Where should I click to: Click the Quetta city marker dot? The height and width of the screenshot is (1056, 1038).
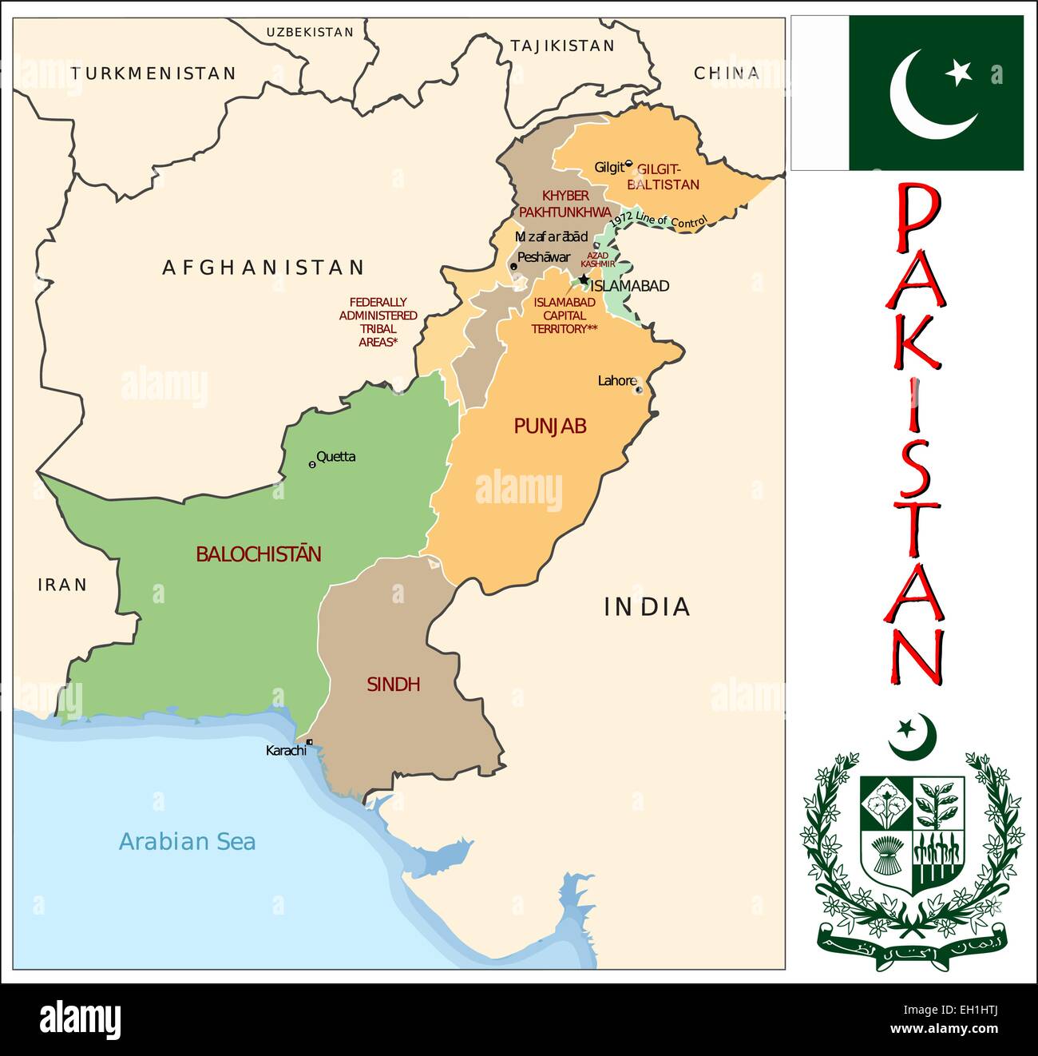click(311, 464)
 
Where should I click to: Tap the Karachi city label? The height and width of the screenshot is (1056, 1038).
click(285, 751)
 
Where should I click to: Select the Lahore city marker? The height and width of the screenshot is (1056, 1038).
click(638, 390)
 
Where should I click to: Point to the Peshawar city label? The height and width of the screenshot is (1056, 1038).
click(544, 257)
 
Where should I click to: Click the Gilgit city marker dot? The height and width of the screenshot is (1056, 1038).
click(628, 164)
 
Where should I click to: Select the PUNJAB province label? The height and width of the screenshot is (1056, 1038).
click(549, 427)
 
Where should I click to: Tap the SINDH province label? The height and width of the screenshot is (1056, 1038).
click(393, 685)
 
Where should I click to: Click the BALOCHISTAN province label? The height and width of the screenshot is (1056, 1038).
click(259, 554)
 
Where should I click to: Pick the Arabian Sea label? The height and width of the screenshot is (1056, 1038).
click(187, 841)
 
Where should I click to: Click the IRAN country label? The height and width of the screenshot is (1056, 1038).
click(62, 585)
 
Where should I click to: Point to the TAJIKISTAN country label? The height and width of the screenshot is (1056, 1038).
click(562, 46)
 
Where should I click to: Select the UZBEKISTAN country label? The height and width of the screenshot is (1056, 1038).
click(309, 32)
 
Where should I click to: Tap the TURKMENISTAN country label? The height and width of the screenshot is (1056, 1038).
click(153, 73)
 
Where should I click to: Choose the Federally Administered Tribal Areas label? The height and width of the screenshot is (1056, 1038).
click(378, 322)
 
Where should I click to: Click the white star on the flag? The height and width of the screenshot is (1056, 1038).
click(958, 73)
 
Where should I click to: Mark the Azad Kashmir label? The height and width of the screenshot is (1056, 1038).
click(597, 260)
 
